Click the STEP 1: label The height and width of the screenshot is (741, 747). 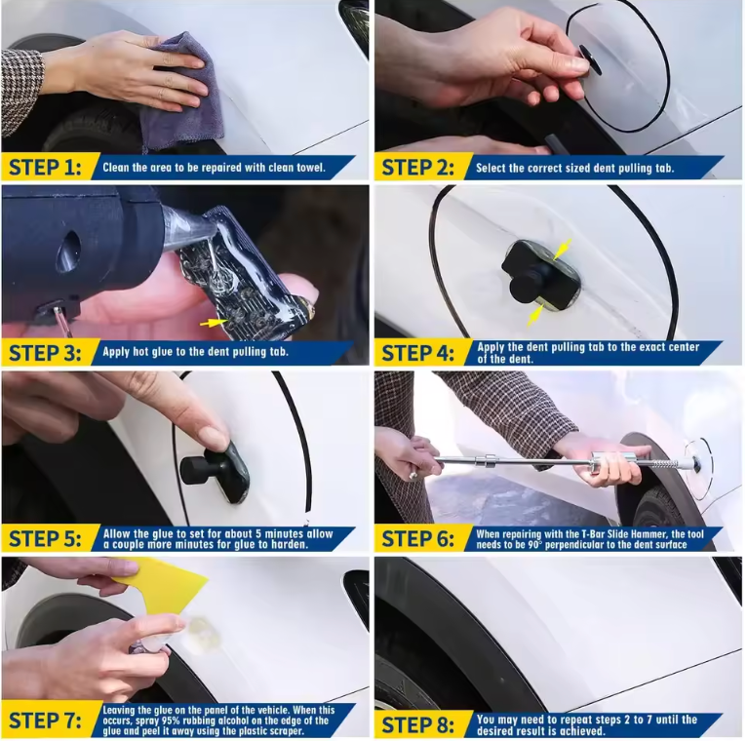coord(45,167)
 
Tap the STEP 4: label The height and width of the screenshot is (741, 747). coord(419,353)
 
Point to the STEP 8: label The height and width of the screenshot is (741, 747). coord(419,724)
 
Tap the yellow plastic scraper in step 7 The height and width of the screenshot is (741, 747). coord(162,584)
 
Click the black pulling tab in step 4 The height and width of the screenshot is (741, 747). coord(532,272)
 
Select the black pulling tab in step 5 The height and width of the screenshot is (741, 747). coord(209,468)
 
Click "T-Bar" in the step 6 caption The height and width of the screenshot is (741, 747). coord(594,534)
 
